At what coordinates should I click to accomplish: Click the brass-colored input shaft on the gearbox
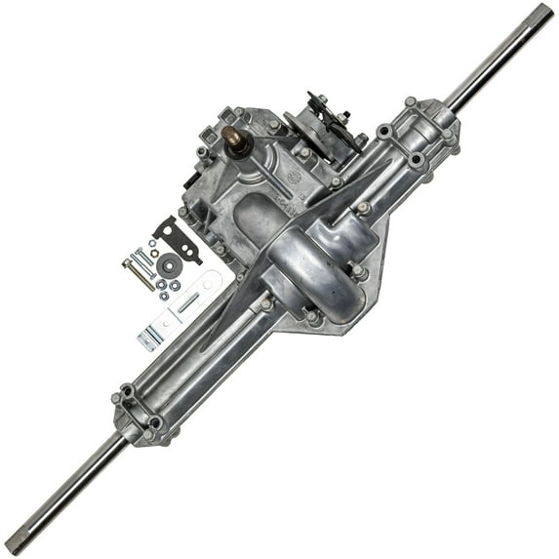[x=235, y=137]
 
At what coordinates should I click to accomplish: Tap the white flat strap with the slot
[x=185, y=301]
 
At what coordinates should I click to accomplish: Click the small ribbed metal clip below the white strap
[x=149, y=339]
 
